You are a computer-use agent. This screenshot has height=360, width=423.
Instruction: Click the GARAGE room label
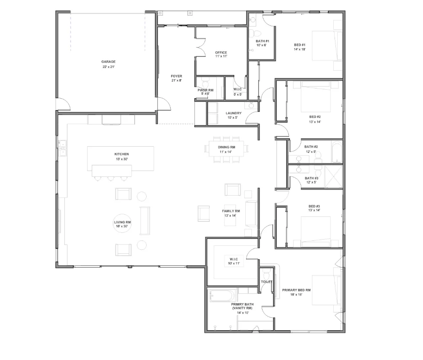pyautogui.click(x=108, y=64)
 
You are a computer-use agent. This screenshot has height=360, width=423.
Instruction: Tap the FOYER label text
pyautogui.click(x=176, y=78)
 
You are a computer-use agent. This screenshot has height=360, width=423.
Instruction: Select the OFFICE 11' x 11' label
pyautogui.click(x=221, y=54)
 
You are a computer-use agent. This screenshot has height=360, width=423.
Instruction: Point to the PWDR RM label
pyautogui.click(x=205, y=92)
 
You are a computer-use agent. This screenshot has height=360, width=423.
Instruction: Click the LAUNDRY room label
pyautogui.click(x=233, y=115)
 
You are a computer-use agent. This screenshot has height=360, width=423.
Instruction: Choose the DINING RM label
pyautogui.click(x=227, y=149)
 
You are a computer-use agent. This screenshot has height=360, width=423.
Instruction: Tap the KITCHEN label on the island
pyautogui.click(x=121, y=156)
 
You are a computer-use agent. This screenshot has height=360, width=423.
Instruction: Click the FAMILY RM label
pyautogui.click(x=231, y=213)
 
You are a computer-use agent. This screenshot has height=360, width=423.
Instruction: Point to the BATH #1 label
pyautogui.click(x=261, y=43)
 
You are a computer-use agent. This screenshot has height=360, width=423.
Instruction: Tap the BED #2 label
pyautogui.click(x=315, y=119)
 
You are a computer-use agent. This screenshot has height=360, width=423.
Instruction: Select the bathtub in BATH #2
pyautogui.click(x=336, y=152)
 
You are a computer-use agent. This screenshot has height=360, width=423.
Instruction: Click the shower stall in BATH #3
pyautogui.click(x=334, y=177)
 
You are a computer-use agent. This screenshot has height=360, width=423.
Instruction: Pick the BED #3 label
pyautogui.click(x=315, y=208)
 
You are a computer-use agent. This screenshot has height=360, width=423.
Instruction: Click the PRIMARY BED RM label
pyautogui.click(x=296, y=292)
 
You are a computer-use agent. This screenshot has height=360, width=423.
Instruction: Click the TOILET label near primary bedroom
pyautogui.click(x=267, y=282)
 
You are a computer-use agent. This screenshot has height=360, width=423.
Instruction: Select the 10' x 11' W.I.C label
pyautogui.click(x=234, y=261)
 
